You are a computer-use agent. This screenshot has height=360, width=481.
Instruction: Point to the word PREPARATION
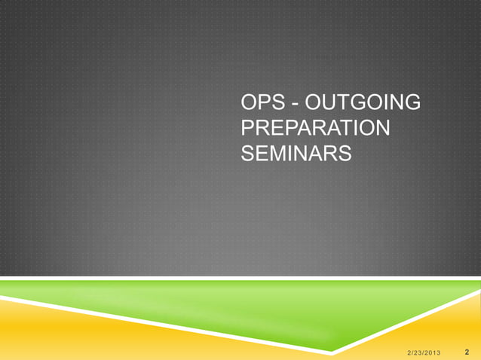point(315,127)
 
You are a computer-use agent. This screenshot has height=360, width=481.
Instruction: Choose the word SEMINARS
point(296,153)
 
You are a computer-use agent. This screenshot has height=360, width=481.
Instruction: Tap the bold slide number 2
point(468,350)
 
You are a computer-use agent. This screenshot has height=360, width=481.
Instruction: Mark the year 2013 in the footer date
point(437,351)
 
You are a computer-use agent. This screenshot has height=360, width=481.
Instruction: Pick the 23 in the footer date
point(418,351)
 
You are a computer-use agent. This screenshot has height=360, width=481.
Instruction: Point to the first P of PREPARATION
point(246,127)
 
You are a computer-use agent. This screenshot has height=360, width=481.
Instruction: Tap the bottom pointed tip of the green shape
point(332,350)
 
